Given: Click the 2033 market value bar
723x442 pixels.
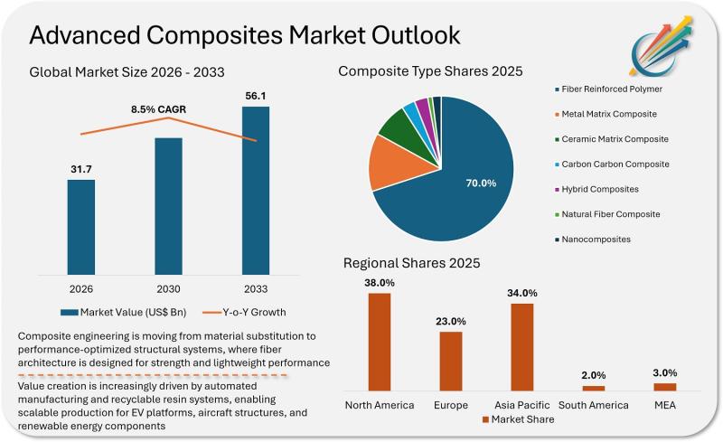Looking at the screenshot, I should pyautogui.click(x=256, y=190).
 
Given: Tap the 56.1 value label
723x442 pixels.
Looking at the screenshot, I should pyautogui.click(x=256, y=95).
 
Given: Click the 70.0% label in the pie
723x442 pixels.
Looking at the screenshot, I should pyautogui.click(x=480, y=183).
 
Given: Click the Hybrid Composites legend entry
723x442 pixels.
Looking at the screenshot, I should pyautogui.click(x=601, y=190).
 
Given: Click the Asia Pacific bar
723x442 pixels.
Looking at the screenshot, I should pyautogui.click(x=521, y=346).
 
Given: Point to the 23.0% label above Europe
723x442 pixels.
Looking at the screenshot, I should pyautogui.click(x=450, y=321).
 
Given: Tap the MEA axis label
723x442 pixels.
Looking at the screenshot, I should pyautogui.click(x=664, y=404).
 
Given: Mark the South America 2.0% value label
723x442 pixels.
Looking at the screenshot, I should pyautogui.click(x=593, y=375).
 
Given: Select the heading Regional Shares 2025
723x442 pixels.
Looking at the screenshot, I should pyautogui.click(x=411, y=263).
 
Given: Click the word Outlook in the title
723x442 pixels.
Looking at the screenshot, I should pyautogui.click(x=399, y=35).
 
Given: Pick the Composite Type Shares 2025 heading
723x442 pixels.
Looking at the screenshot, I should pyautogui.click(x=430, y=71).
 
